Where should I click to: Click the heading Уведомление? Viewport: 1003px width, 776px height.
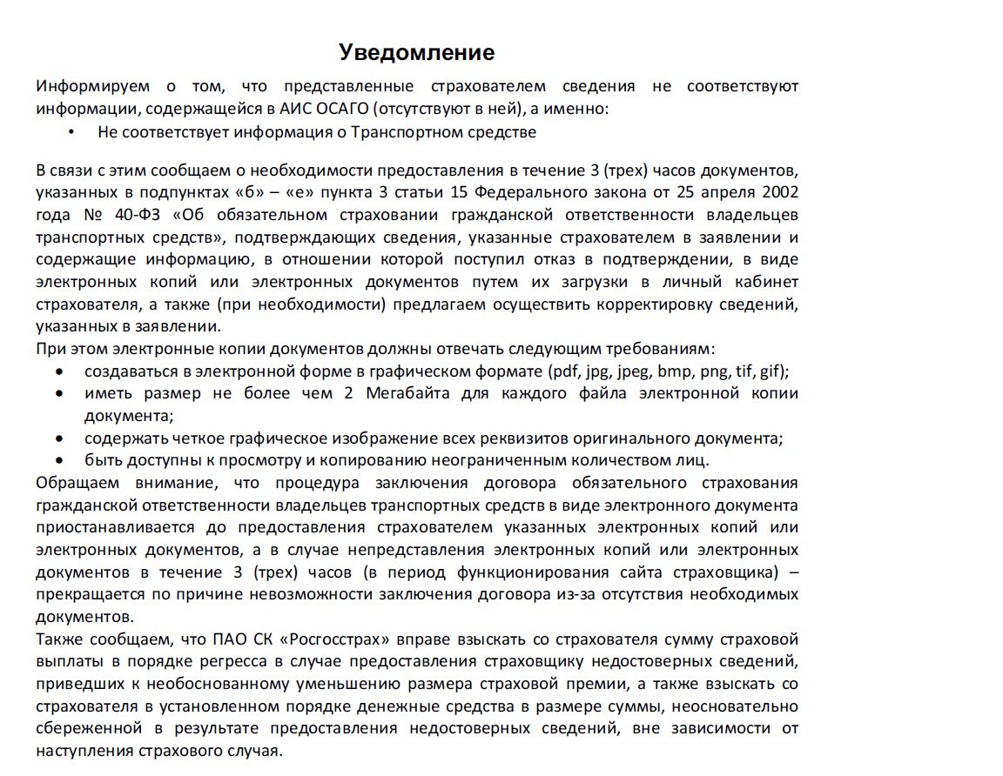point(416,53)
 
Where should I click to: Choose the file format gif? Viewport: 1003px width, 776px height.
point(771,371)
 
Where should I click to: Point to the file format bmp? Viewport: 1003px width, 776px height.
point(673,371)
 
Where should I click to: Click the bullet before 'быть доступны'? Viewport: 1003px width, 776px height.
point(59,460)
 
